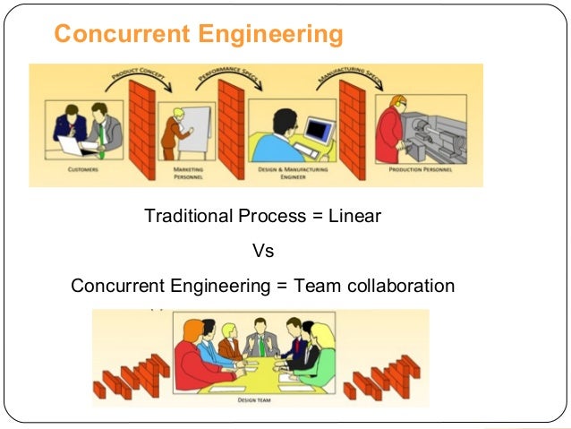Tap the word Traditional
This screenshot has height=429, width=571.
188,216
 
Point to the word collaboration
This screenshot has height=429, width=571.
394,286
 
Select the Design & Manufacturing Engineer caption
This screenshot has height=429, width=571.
285,172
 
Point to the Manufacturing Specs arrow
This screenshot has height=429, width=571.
345,78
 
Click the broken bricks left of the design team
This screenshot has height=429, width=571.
129,376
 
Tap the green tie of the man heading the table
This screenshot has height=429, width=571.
261,345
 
